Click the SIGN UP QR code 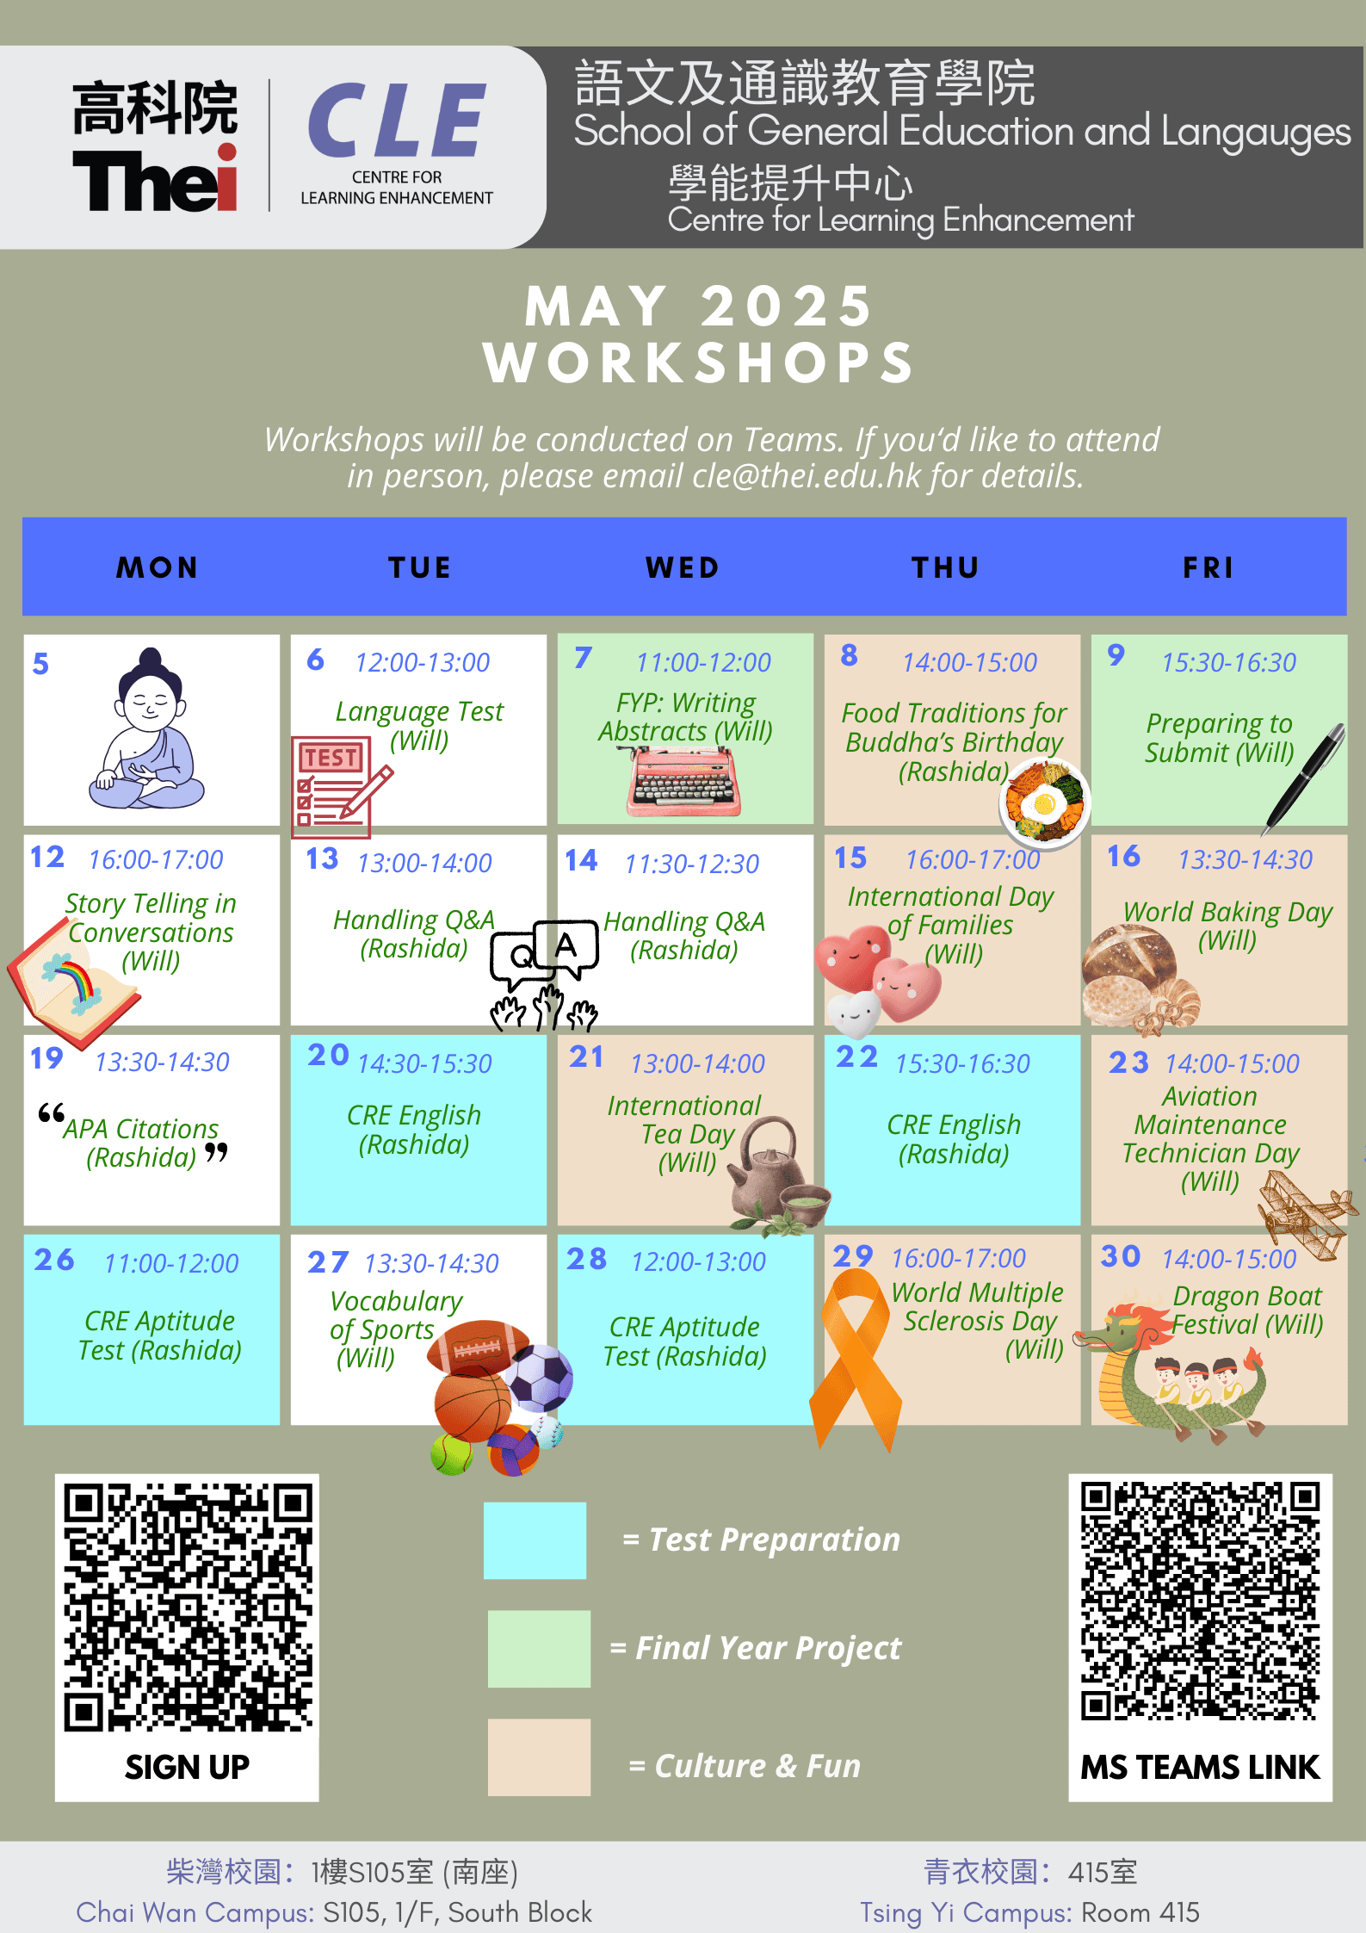point(188,1606)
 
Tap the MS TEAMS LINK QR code point(1201,1601)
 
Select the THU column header point(946,567)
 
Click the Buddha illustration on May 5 point(147,728)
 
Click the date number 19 point(46,1058)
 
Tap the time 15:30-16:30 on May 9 point(1228,662)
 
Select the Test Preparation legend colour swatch point(535,1540)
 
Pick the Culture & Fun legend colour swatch point(539,1757)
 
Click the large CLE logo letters point(397,121)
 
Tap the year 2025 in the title point(787,307)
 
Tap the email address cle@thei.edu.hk point(807,476)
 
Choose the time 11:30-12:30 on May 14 point(692,864)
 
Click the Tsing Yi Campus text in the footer point(966,1912)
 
